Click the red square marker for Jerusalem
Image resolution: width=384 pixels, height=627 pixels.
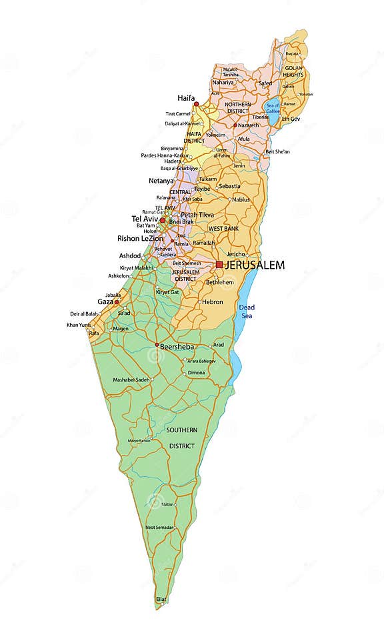219,265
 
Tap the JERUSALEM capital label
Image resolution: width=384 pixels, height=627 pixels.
255,265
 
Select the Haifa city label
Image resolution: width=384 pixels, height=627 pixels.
187,97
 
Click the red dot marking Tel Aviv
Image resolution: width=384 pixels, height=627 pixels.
162,219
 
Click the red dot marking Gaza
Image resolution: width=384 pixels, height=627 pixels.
117,302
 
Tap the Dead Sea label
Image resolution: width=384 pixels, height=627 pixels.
247,311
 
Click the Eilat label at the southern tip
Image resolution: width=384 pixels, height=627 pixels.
162,599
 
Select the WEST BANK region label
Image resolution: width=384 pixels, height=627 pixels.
223,229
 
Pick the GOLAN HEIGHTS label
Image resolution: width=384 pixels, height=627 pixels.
294,71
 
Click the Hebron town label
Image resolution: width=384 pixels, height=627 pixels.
212,301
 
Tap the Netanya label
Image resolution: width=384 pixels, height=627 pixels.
161,181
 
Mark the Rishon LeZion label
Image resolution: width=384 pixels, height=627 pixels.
138,238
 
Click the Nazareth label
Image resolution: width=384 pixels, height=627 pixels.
248,125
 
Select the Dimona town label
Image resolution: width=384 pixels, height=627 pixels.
197,373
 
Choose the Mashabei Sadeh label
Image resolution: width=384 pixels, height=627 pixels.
131,379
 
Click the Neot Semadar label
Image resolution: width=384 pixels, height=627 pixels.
159,527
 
